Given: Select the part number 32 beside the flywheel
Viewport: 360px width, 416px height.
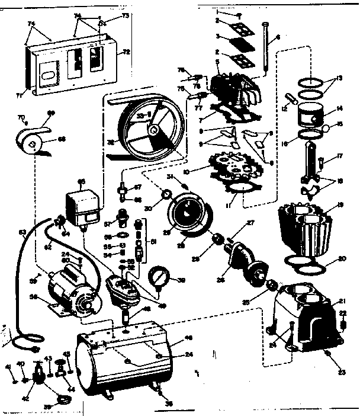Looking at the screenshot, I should point(111,159).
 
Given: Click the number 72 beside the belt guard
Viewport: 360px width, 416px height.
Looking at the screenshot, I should point(126,52).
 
